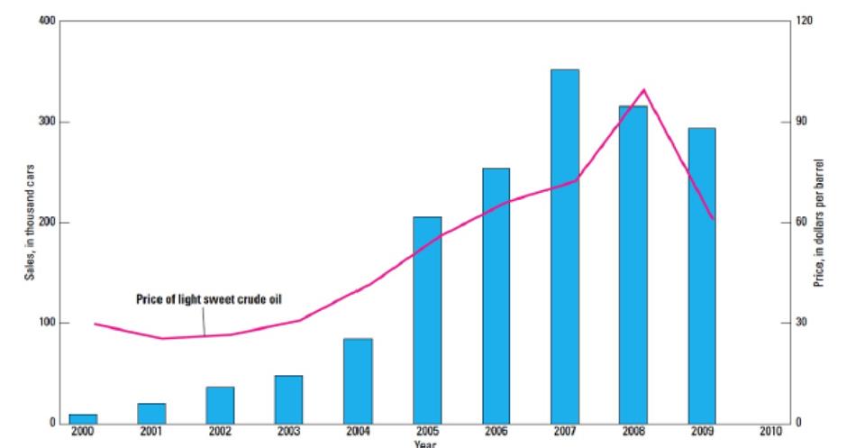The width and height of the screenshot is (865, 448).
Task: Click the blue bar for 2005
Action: click(x=427, y=319)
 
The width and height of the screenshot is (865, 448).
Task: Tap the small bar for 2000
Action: click(x=83, y=418)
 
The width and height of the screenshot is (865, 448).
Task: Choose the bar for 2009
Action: click(x=702, y=275)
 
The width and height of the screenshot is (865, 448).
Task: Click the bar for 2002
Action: click(x=220, y=404)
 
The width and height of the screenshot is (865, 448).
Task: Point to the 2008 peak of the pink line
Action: click(x=644, y=90)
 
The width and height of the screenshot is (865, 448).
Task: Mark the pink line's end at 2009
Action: click(x=713, y=219)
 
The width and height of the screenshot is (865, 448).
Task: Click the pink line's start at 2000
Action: click(x=95, y=324)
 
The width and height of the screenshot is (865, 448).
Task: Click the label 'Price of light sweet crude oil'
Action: click(x=209, y=298)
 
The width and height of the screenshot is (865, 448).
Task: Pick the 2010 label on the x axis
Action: click(x=771, y=432)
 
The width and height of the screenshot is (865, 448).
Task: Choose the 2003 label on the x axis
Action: click(x=288, y=432)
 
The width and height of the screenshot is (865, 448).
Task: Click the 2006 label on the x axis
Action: click(x=496, y=432)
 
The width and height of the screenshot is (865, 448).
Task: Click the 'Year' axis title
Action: click(x=425, y=443)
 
